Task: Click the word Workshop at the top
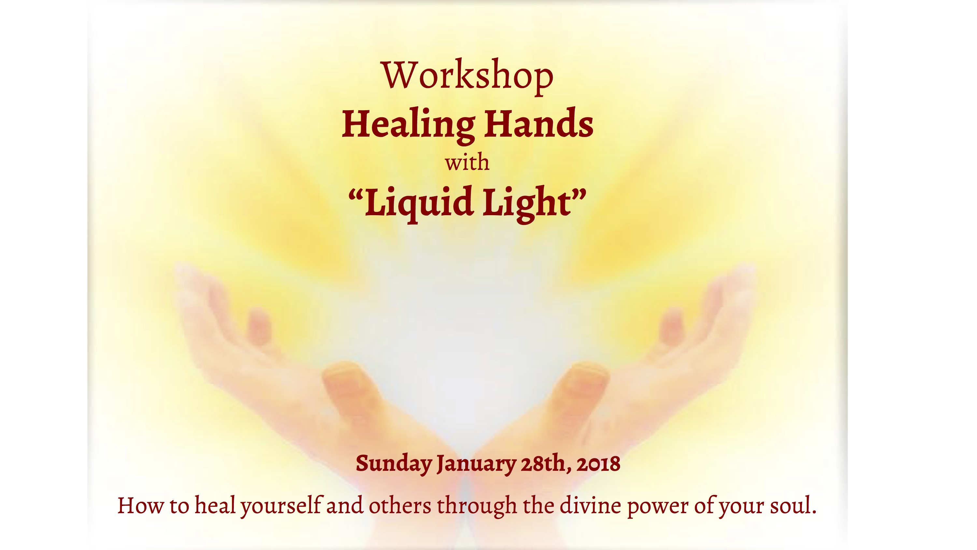click(x=468, y=76)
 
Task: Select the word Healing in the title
click(x=408, y=125)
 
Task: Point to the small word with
click(x=467, y=162)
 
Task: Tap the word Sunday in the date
click(x=394, y=464)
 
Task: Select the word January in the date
click(x=477, y=464)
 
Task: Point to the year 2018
click(x=598, y=464)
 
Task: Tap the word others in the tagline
click(x=400, y=506)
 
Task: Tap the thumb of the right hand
click(x=580, y=391)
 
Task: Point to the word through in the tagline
click(x=477, y=506)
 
